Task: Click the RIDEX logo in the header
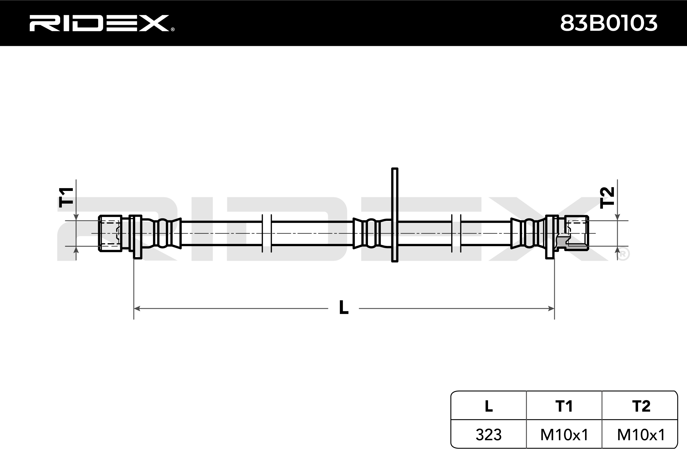[99, 23]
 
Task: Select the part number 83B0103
[609, 23]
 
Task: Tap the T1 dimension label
[66, 198]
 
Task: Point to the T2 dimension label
[607, 198]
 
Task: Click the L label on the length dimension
[343, 308]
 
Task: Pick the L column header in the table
[488, 406]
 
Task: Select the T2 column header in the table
[641, 406]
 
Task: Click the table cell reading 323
[488, 434]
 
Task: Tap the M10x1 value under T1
[564, 434]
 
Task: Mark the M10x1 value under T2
[641, 434]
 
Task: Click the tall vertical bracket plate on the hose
[395, 215]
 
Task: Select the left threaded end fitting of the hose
[110, 233]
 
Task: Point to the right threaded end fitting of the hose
[577, 233]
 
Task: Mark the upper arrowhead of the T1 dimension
[76, 217]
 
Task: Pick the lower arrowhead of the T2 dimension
[617, 250]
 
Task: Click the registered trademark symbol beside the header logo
[173, 29]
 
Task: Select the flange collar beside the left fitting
[137, 237]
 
